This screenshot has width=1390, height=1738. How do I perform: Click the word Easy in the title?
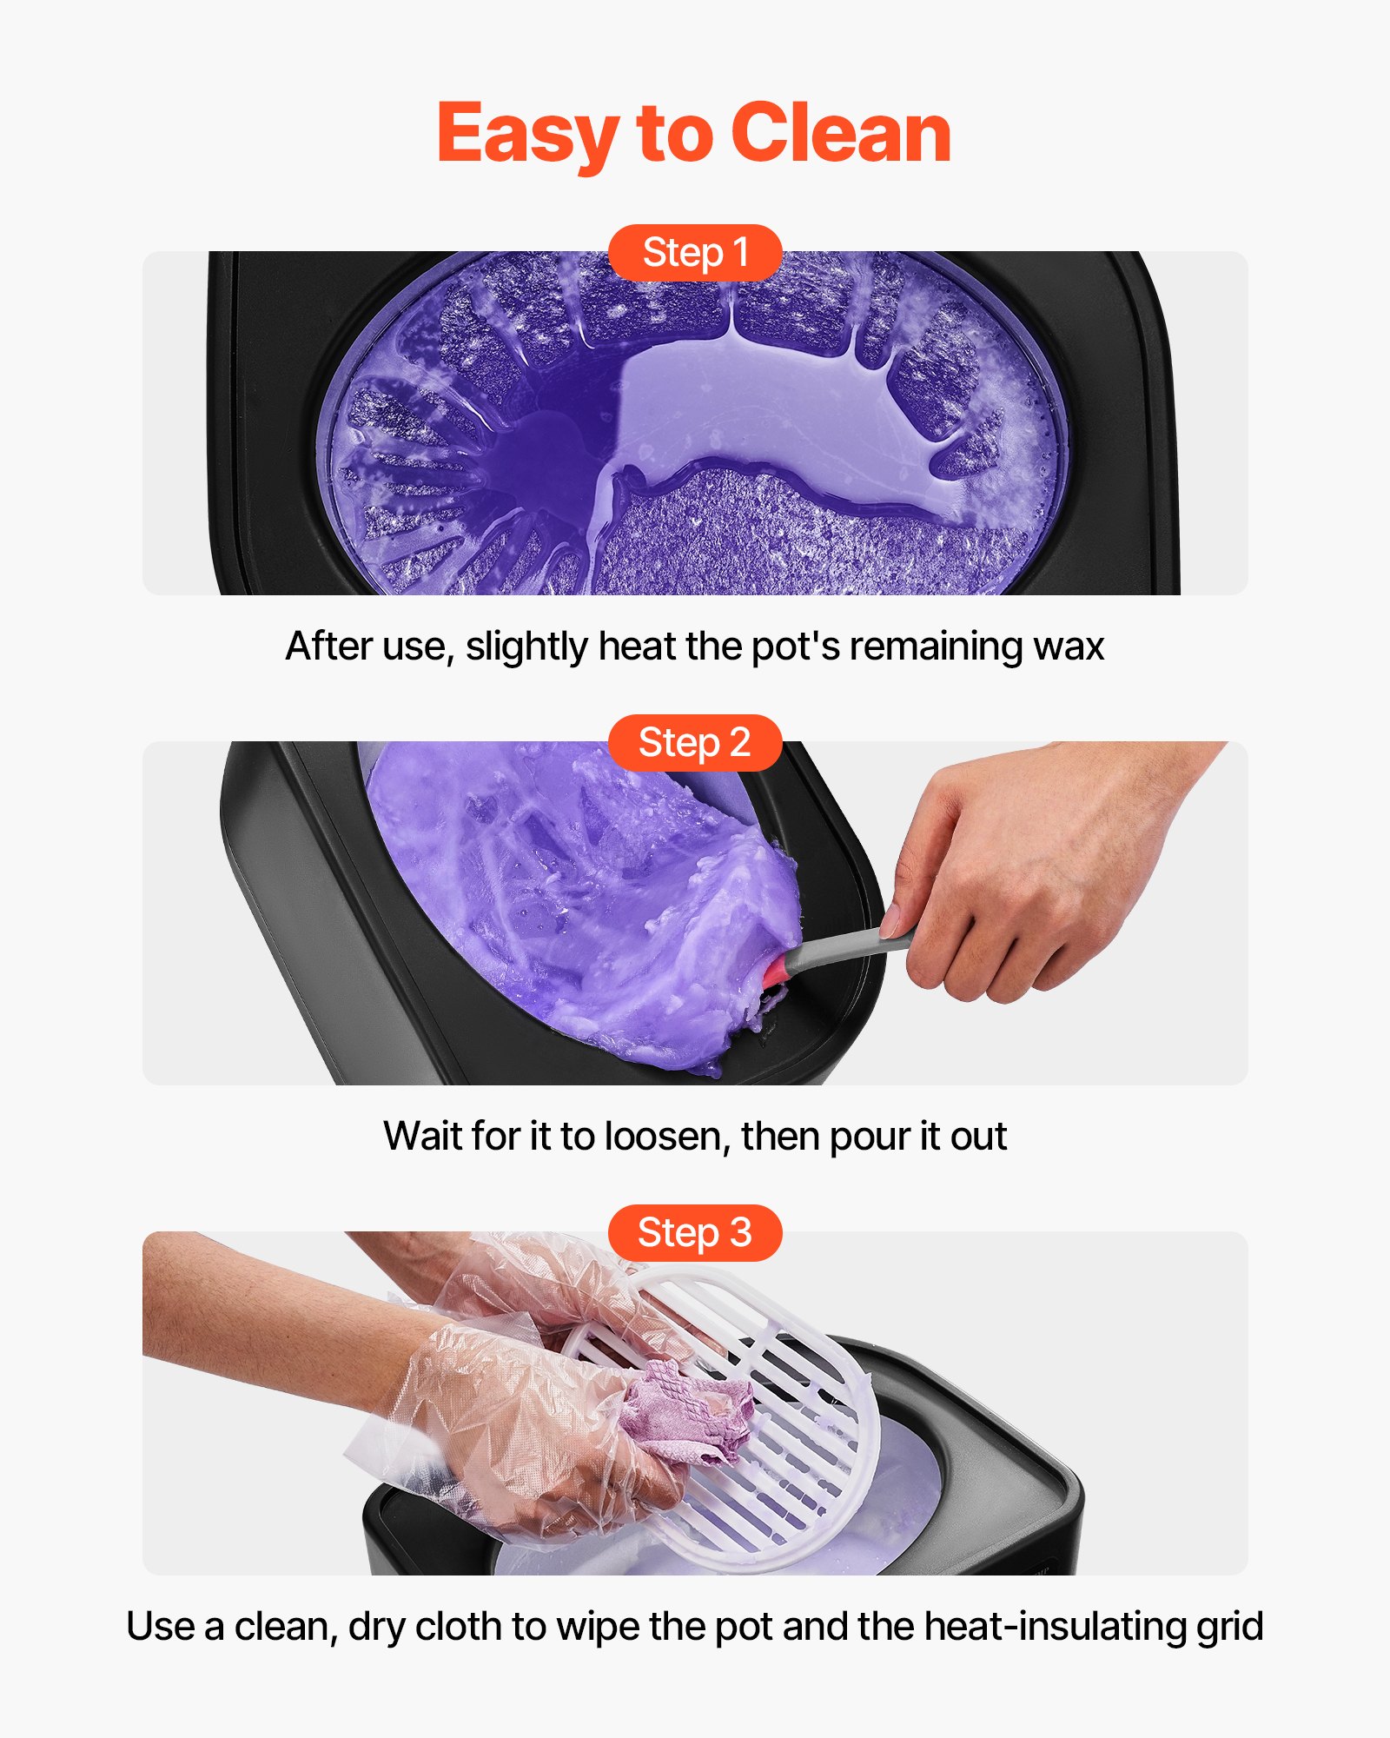pos(526,135)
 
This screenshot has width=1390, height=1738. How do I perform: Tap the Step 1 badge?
pos(695,253)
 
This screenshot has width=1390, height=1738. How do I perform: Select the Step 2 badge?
pos(695,743)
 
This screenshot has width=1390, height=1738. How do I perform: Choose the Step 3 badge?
pos(695,1233)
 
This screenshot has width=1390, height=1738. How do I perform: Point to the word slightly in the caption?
pos(526,647)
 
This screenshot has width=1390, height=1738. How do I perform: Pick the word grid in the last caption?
pos(1229,1627)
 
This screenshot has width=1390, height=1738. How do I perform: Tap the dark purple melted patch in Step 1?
pos(556,461)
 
